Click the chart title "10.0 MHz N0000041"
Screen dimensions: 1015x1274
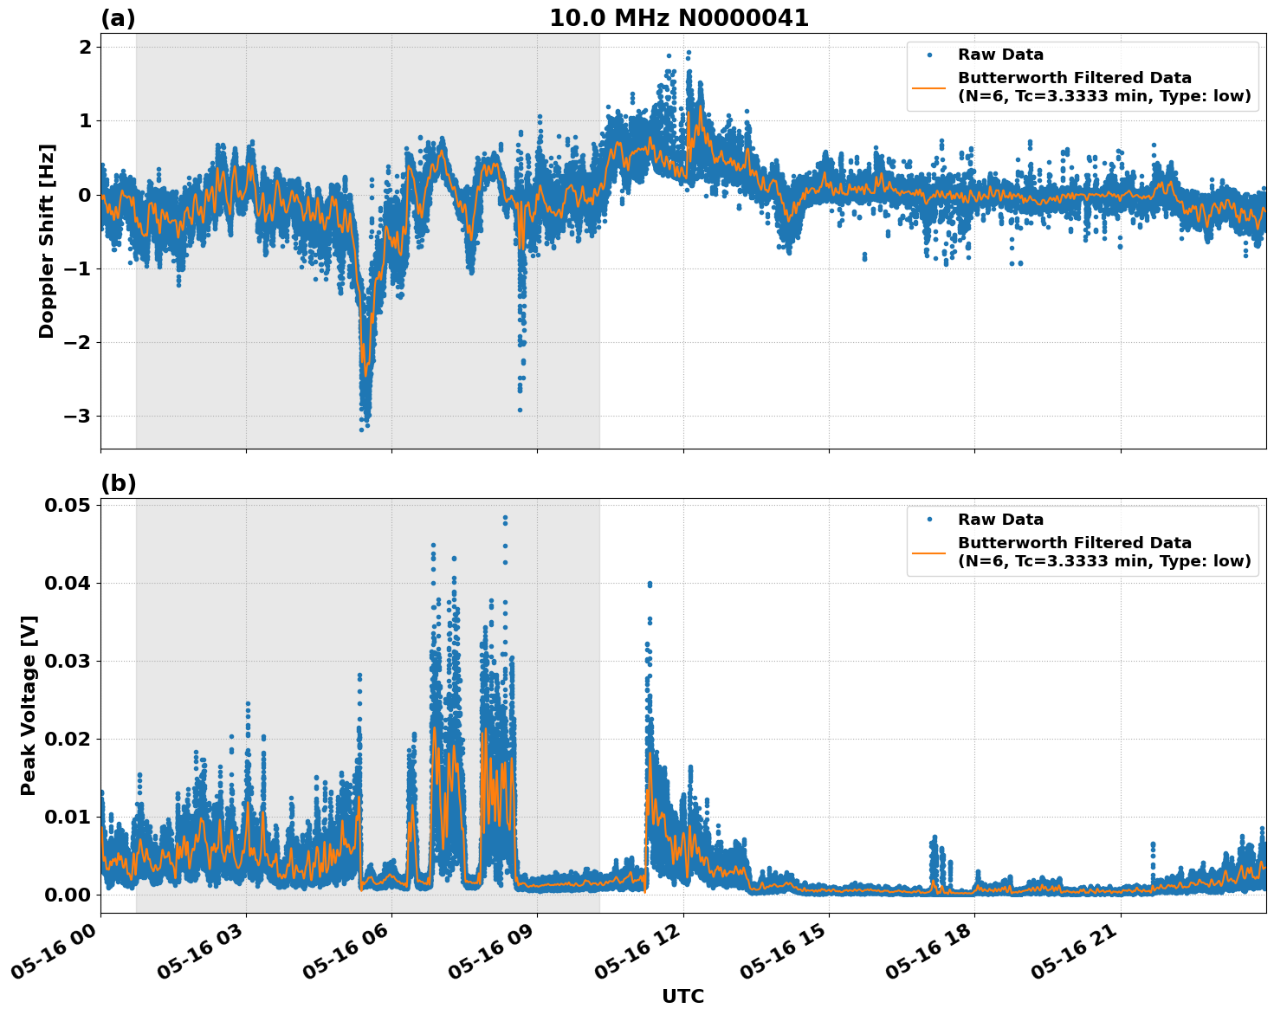click(x=679, y=18)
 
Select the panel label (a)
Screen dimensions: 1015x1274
click(x=118, y=18)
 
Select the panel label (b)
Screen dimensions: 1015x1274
click(x=118, y=483)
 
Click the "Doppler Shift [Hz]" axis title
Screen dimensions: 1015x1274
click(x=47, y=241)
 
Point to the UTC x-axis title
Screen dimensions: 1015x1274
click(x=682, y=996)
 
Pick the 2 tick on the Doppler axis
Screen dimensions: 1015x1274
click(x=85, y=47)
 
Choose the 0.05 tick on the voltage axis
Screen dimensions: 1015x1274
click(x=68, y=506)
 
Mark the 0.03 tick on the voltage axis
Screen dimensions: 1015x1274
click(x=68, y=662)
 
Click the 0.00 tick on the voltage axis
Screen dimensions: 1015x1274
click(x=68, y=895)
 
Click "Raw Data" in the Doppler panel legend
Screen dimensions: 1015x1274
click(x=1000, y=55)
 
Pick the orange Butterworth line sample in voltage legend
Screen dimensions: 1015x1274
click(x=929, y=552)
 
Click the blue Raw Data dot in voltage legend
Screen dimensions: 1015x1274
click(x=929, y=520)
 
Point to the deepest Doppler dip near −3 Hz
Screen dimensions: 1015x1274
click(x=362, y=429)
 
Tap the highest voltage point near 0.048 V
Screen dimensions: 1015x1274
click(x=505, y=518)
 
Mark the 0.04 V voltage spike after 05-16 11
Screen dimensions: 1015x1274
click(x=650, y=585)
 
